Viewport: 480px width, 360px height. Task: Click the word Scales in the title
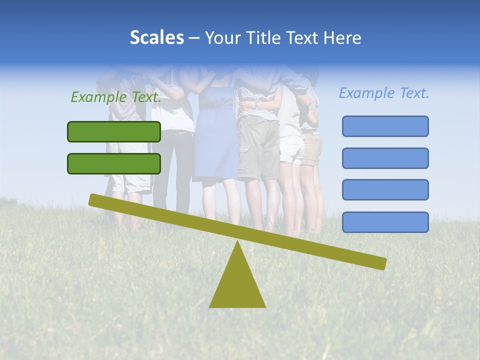(156, 38)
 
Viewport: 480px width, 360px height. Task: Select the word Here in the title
(342, 38)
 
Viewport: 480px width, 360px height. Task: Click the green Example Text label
(116, 97)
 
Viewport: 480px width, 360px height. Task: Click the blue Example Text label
(384, 93)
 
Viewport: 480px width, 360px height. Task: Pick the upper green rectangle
(114, 131)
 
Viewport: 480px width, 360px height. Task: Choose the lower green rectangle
(114, 163)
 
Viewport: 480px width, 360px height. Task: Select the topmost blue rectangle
(385, 126)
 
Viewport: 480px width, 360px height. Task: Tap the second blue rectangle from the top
(385, 158)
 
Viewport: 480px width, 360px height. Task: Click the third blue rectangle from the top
(385, 190)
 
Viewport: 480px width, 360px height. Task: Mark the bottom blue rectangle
(385, 222)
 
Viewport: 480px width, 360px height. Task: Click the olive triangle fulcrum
(237, 285)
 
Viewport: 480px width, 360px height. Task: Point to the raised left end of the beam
(94, 199)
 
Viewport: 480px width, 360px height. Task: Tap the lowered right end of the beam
(381, 263)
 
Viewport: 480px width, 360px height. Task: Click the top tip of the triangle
(237, 243)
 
